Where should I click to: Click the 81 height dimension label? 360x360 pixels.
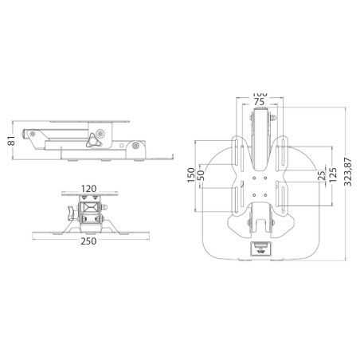(x=11, y=142)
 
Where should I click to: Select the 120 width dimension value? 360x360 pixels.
(x=89, y=189)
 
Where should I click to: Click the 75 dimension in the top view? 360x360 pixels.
(x=259, y=102)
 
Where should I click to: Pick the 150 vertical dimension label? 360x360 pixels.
(x=191, y=175)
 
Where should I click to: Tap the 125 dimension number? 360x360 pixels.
(x=332, y=175)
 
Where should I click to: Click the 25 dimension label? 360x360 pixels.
(x=319, y=174)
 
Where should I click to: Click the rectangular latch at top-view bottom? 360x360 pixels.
(x=259, y=248)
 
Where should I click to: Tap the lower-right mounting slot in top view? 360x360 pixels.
(x=278, y=196)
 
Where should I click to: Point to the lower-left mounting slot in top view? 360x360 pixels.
(x=240, y=196)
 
